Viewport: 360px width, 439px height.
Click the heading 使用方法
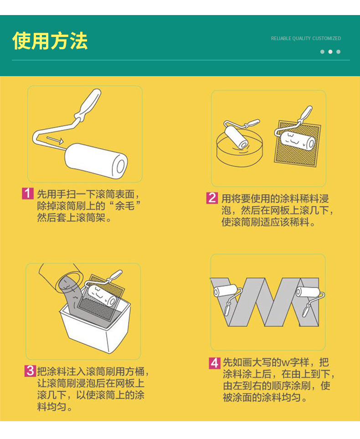(x=50, y=41)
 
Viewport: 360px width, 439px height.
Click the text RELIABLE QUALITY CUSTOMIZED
(x=306, y=39)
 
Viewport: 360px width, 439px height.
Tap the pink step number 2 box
(x=212, y=198)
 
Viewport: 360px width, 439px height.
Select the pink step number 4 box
(x=215, y=363)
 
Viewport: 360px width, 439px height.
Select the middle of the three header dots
(x=330, y=52)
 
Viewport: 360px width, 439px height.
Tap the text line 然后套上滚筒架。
(x=74, y=218)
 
